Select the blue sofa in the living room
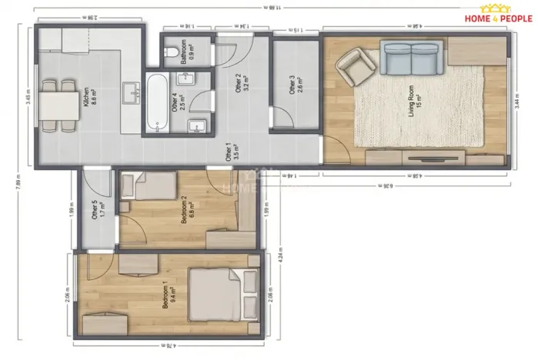tap(410, 58)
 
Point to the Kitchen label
tap(85, 99)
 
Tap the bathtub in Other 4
tap(157, 103)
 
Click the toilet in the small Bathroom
tap(170, 53)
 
